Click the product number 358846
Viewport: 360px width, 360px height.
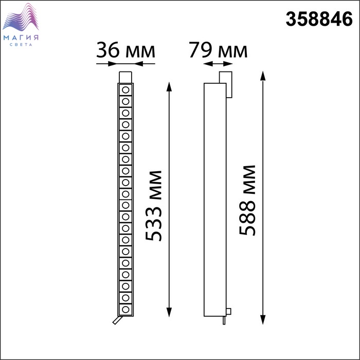pyautogui.click(x=319, y=20)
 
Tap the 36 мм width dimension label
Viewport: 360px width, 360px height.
pyautogui.click(x=125, y=50)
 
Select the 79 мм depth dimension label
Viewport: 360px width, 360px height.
pyautogui.click(x=218, y=50)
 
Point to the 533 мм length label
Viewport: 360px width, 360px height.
pyautogui.click(x=154, y=206)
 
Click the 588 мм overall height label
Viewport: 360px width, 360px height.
pyautogui.click(x=247, y=200)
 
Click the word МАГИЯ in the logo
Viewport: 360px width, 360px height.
pyautogui.click(x=21, y=38)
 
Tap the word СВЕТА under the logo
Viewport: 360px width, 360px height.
pyautogui.click(x=21, y=45)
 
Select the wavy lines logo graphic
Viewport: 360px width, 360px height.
pyautogui.click(x=21, y=17)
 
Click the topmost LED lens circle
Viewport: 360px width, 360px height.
pyautogui.click(x=125, y=90)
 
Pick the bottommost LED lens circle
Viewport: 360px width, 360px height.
pyautogui.click(x=125, y=309)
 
